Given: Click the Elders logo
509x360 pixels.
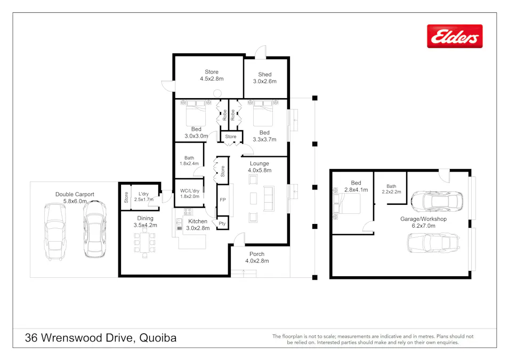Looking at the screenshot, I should (455, 36).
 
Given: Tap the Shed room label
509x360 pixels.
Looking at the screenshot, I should (265, 78).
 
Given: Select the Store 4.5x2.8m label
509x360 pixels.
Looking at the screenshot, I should (212, 75).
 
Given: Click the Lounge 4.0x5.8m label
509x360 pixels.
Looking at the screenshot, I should (259, 167).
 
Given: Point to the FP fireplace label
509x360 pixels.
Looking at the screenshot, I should (222, 200).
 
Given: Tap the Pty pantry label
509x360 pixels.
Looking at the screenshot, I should (222, 223).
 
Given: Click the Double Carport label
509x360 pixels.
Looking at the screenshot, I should (75, 197).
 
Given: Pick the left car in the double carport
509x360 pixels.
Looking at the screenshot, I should (54, 232).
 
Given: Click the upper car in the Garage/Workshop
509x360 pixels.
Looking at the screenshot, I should (437, 201).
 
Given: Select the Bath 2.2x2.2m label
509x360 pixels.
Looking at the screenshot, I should (390, 188).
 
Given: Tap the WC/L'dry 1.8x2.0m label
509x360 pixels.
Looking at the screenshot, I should (189, 193).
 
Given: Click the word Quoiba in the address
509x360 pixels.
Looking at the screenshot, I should (158, 338).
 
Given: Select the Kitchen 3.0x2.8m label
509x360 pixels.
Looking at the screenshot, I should (198, 225).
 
